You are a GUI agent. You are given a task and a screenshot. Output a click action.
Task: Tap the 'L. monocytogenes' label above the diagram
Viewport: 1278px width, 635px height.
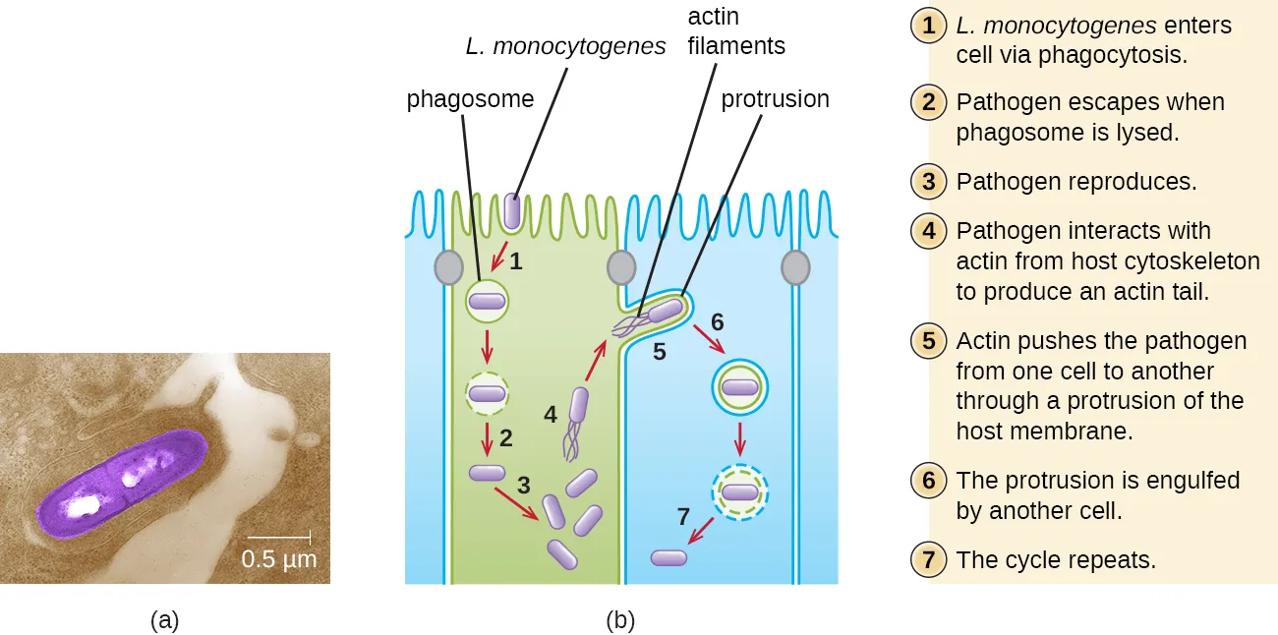coord(566,46)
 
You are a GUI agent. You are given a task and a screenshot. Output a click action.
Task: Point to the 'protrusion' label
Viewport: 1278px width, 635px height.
coord(775,99)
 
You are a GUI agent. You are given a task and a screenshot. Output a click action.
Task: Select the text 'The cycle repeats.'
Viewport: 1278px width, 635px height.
coord(1055,560)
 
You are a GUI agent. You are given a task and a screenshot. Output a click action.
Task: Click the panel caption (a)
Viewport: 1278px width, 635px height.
coord(164,620)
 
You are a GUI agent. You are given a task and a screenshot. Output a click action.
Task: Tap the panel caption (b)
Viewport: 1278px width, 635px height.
coord(620,620)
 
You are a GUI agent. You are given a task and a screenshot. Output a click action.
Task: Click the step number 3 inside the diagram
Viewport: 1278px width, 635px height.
coord(524,485)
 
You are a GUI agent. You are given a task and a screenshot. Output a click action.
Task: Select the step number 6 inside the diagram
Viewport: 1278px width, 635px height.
coord(717,321)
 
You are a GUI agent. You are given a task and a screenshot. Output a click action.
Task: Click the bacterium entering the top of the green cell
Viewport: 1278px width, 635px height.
coord(512,211)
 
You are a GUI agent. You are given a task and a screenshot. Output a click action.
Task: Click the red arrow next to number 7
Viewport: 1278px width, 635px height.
coord(700,532)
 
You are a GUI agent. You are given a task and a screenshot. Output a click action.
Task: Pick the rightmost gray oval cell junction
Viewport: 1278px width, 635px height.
coord(794,266)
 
